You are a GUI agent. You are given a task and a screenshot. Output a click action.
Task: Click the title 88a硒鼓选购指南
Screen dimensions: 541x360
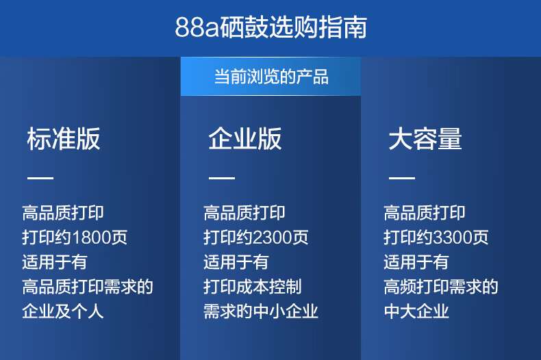[271, 27]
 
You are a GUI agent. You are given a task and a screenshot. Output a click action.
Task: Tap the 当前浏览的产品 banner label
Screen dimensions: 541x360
[271, 77]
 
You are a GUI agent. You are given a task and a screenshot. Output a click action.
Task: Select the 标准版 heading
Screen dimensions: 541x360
[64, 139]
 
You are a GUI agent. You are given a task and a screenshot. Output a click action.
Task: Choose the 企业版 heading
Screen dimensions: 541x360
[245, 139]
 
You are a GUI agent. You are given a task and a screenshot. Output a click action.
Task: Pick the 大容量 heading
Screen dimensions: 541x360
[425, 139]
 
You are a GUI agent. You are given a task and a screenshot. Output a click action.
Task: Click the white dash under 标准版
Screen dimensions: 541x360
[40, 178]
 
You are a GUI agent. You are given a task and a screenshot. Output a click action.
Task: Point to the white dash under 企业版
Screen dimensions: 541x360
[222, 178]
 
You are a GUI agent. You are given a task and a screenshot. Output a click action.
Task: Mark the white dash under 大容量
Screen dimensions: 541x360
[402, 178]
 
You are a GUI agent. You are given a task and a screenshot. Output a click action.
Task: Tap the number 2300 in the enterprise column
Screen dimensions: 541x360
[273, 237]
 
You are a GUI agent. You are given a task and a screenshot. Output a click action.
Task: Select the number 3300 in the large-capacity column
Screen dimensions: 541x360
[453, 237]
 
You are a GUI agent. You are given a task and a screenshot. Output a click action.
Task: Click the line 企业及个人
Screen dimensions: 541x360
[63, 311]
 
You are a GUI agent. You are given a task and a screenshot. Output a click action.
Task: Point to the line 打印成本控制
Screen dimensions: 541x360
[253, 287]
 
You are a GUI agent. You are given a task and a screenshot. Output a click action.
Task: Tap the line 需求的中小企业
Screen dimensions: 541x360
[260, 311]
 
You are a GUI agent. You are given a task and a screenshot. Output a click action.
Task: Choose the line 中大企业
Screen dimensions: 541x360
[416, 311]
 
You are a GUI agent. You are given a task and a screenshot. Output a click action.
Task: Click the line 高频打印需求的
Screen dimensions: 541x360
[441, 287]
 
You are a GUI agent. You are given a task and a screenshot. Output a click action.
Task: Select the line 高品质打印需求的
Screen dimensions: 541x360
[88, 287]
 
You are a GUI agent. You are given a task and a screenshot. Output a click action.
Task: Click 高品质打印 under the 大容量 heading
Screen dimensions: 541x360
[425, 213]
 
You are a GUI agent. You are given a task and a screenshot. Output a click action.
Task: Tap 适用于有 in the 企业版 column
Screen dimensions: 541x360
[236, 262]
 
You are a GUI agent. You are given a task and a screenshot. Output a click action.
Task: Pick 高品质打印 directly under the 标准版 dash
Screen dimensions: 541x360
[63, 213]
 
